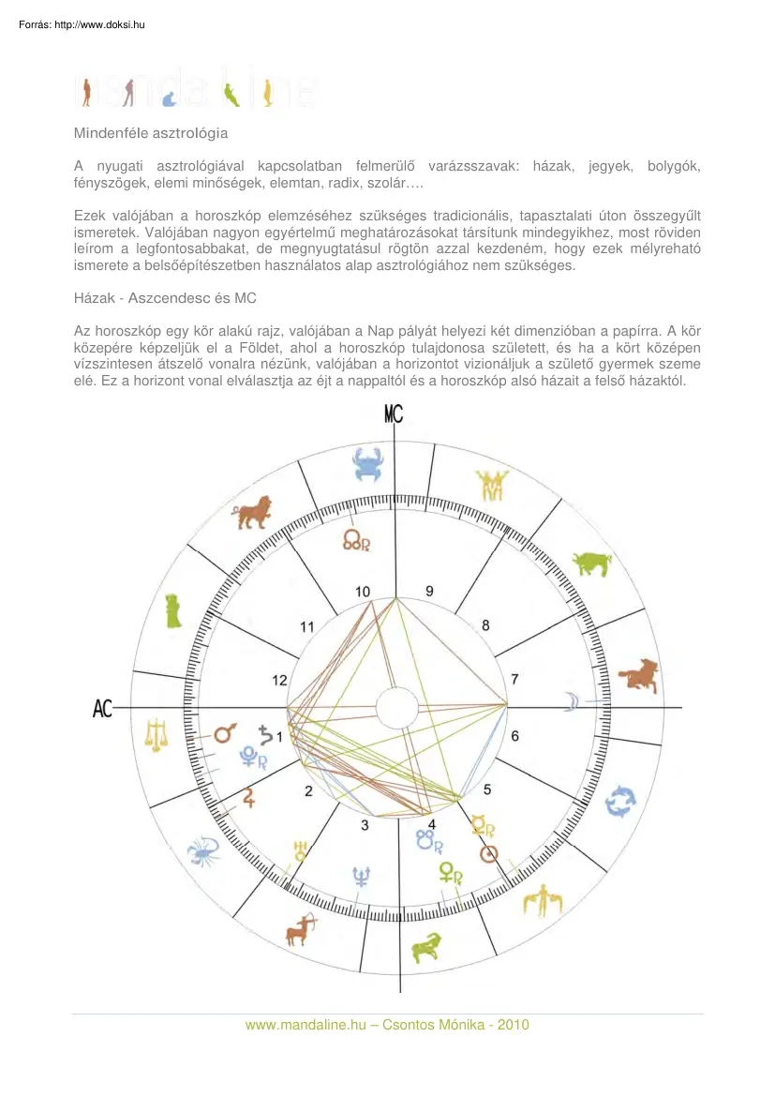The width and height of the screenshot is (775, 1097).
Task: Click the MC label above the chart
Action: point(394,413)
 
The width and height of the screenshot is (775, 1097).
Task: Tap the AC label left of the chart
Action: point(103,709)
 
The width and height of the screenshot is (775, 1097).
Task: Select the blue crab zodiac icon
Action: point(367,465)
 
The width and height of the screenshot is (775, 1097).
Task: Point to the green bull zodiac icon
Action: point(591,564)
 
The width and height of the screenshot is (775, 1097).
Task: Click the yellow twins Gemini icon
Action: point(490,485)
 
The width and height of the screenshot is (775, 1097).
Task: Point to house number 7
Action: point(514,679)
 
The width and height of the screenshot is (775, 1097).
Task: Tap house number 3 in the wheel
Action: point(365,826)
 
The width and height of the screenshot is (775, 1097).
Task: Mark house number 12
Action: point(279,681)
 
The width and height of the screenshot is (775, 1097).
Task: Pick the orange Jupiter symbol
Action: point(249,798)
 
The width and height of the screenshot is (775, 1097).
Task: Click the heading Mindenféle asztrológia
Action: point(151,134)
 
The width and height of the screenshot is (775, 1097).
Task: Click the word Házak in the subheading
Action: point(95,297)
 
